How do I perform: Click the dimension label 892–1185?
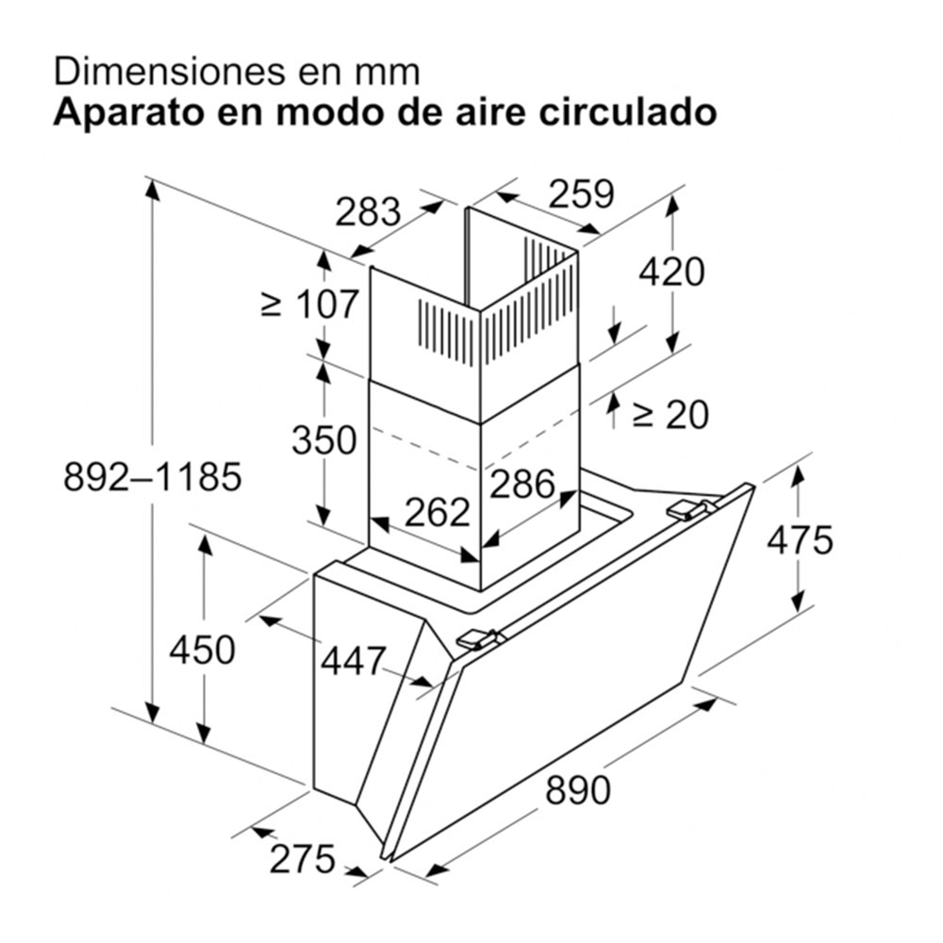pyautogui.click(x=153, y=477)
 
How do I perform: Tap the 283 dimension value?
pyautogui.click(x=368, y=211)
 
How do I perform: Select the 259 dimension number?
pyautogui.click(x=582, y=193)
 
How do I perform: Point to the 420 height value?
pyautogui.click(x=671, y=272)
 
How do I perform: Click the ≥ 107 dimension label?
pyautogui.click(x=310, y=304)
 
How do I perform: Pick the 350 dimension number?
pyautogui.click(x=324, y=439)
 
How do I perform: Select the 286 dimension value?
pyautogui.click(x=522, y=484)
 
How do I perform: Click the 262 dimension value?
pyautogui.click(x=438, y=512)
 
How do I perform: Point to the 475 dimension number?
pyautogui.click(x=800, y=539)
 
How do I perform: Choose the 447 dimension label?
pyautogui.click(x=353, y=660)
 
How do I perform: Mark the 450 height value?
pyautogui.click(x=202, y=650)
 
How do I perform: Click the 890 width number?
pyautogui.click(x=578, y=789)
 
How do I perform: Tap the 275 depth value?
pyautogui.click(x=303, y=859)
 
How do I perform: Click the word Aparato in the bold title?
pyautogui.click(x=129, y=113)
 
